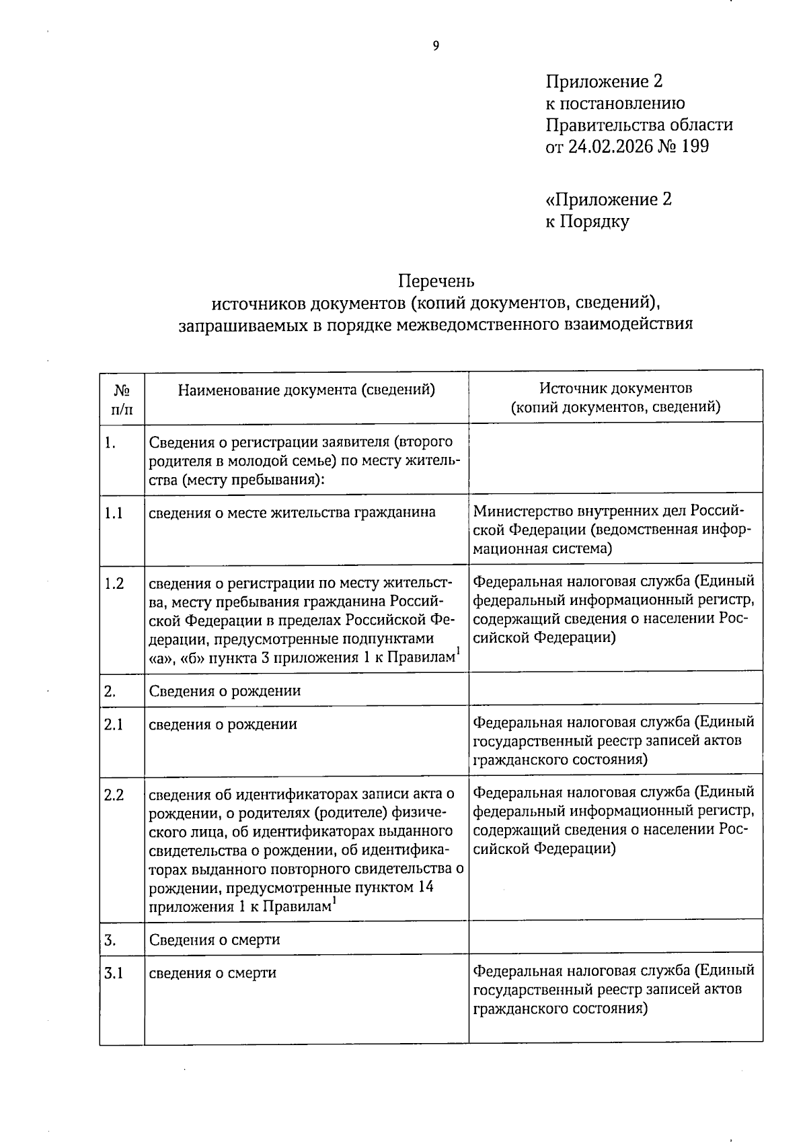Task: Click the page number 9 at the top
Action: point(435,46)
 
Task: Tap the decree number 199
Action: point(695,146)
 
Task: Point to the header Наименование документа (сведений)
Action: point(306,390)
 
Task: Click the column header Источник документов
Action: point(615,388)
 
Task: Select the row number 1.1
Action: point(114,513)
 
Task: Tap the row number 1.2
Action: point(114,583)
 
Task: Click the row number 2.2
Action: point(114,795)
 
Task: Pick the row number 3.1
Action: point(114,973)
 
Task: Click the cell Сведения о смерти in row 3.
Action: point(215,939)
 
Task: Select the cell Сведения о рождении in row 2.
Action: point(225,691)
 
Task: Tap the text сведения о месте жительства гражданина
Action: point(292,513)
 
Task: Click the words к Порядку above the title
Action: point(587,221)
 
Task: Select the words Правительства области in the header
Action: point(638,125)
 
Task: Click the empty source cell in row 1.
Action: point(615,459)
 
